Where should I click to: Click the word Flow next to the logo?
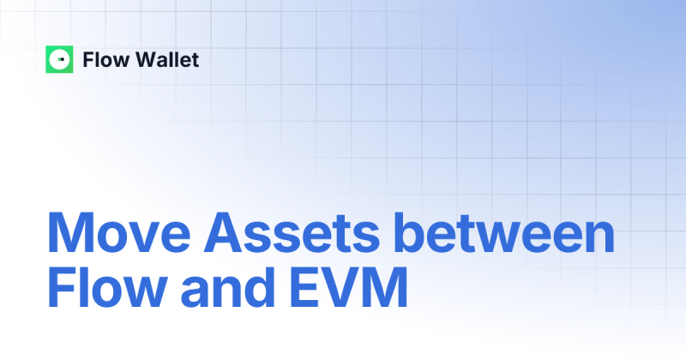click(101, 60)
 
